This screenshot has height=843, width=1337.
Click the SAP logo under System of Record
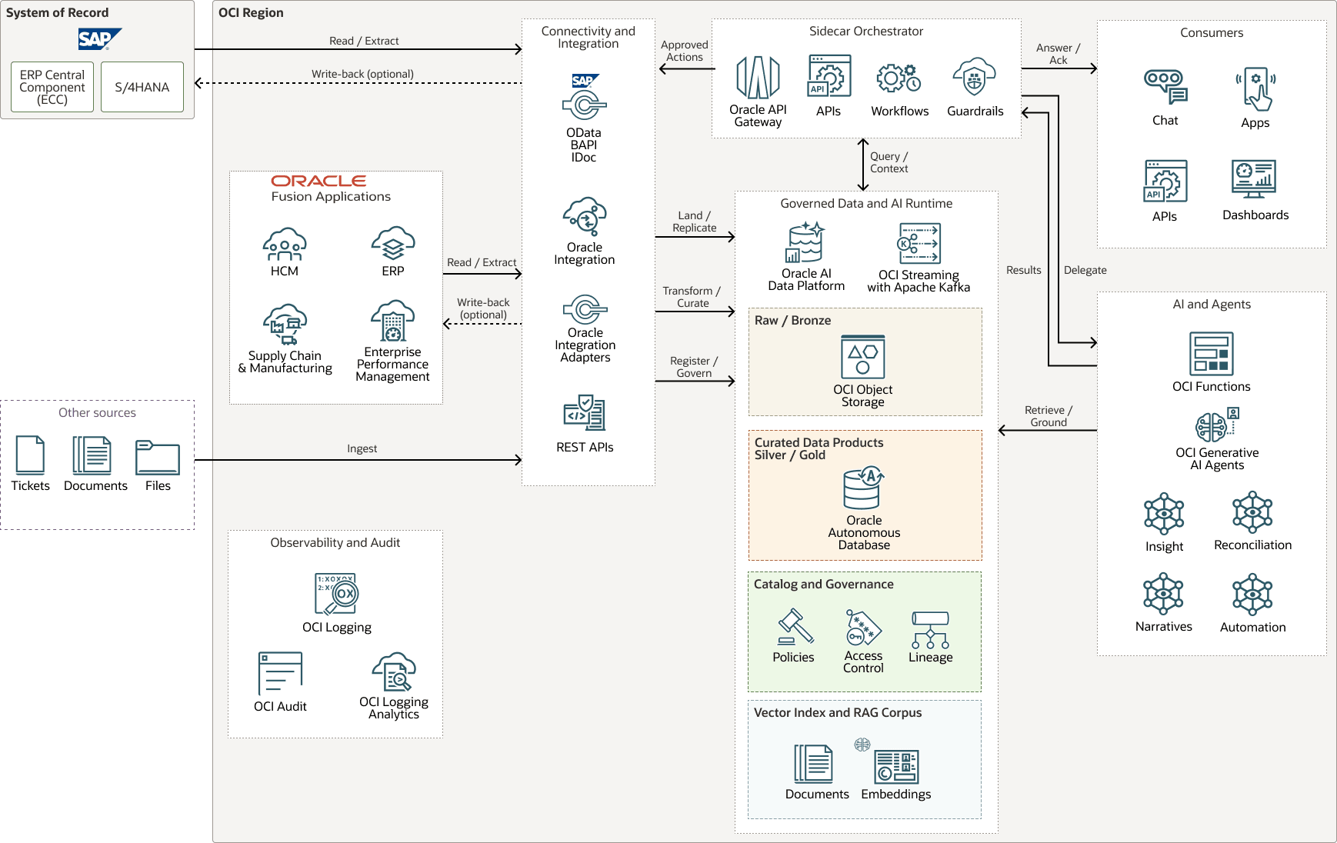click(99, 38)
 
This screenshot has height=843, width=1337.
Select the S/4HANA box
click(142, 87)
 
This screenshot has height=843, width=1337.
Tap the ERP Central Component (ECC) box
click(52, 87)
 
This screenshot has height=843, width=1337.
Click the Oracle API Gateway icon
click(758, 78)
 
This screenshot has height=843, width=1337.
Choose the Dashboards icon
click(1254, 179)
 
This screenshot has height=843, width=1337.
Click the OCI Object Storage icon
click(862, 357)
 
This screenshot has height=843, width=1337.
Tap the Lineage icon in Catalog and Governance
click(930, 630)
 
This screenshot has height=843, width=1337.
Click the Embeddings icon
click(896, 766)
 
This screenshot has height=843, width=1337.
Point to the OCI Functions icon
click(1211, 353)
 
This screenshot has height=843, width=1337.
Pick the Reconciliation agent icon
click(1252, 512)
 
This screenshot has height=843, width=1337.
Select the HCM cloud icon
click(284, 244)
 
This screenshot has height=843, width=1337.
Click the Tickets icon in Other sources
click(30, 455)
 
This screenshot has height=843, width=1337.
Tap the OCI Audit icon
click(280, 673)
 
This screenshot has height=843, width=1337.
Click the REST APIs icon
click(585, 413)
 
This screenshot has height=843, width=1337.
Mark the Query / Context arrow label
click(889, 162)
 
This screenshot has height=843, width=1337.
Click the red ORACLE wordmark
click(318, 181)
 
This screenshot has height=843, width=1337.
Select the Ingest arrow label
click(362, 448)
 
